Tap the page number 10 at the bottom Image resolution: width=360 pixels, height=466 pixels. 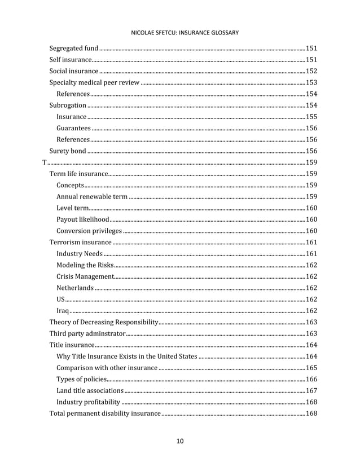click(179, 441)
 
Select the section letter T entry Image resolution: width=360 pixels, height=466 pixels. click(45, 162)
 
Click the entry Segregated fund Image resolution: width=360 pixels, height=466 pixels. click(74, 48)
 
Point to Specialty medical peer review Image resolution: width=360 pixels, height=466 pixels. click(94, 82)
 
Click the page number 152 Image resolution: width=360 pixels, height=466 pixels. click(311, 71)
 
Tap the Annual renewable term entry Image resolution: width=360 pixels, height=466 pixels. click(92, 197)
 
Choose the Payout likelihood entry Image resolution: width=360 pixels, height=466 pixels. click(83, 219)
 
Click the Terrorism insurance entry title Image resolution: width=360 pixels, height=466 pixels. click(81, 243)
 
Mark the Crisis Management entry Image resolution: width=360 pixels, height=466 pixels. click(85, 277)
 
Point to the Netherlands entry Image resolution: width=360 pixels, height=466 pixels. click(75, 288)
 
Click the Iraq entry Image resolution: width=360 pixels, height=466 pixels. click(63, 311)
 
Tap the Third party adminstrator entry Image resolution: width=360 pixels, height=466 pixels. click(87, 334)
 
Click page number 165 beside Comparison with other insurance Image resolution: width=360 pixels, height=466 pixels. click(311, 368)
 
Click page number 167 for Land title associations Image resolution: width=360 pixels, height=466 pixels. click(311, 391)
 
